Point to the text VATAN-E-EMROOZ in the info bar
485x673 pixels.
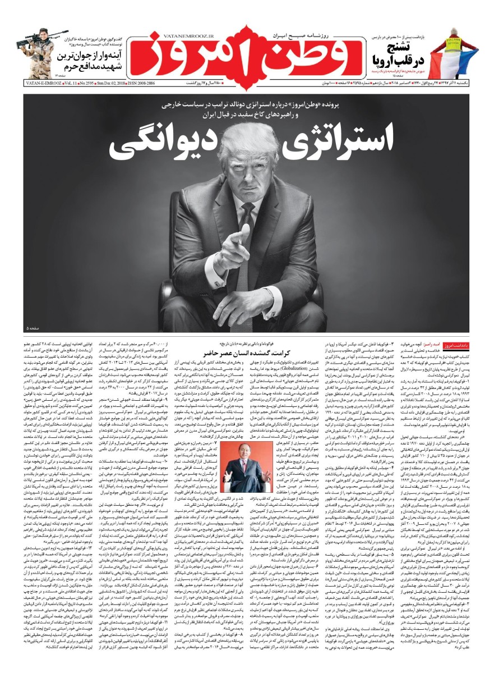(x=24, y=82)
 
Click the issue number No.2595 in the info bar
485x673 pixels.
(x=80, y=82)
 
